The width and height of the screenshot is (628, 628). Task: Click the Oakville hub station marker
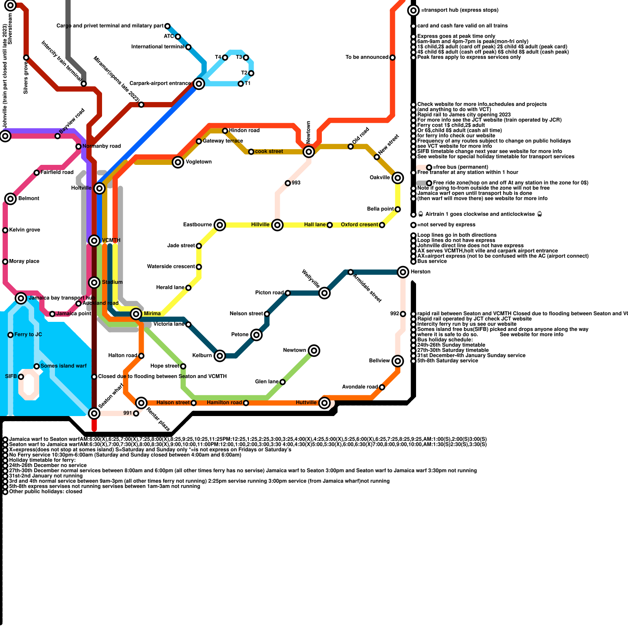398,178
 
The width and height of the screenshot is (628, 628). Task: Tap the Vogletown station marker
178,162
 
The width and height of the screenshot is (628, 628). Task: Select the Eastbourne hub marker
220,225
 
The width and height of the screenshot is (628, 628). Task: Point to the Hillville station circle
277,225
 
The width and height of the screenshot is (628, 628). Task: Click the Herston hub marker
403,272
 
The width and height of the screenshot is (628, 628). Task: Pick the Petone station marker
256,335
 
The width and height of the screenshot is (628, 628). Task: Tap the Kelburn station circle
220,356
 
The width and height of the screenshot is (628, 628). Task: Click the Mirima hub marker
136,314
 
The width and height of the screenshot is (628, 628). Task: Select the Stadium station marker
94,282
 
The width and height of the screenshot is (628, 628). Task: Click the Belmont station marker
11,199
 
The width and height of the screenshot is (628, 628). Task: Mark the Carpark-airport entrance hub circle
199,84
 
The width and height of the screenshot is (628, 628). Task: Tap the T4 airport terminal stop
225,58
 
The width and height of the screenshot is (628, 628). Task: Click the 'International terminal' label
157,47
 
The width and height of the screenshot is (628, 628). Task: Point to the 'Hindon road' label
244,130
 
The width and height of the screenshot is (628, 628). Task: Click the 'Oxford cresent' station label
359,225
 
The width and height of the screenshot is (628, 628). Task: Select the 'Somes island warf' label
63,366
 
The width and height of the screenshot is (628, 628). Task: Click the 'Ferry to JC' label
28,334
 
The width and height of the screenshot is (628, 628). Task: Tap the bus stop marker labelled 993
288,183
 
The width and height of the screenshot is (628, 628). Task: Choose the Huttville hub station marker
324,403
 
